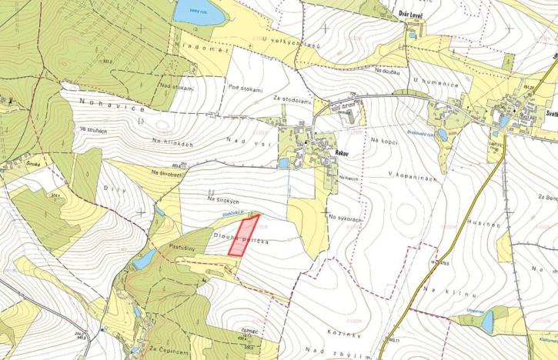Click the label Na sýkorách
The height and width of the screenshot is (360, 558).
[x=345, y=218]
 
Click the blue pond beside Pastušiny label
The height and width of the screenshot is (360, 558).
[x=143, y=262]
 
